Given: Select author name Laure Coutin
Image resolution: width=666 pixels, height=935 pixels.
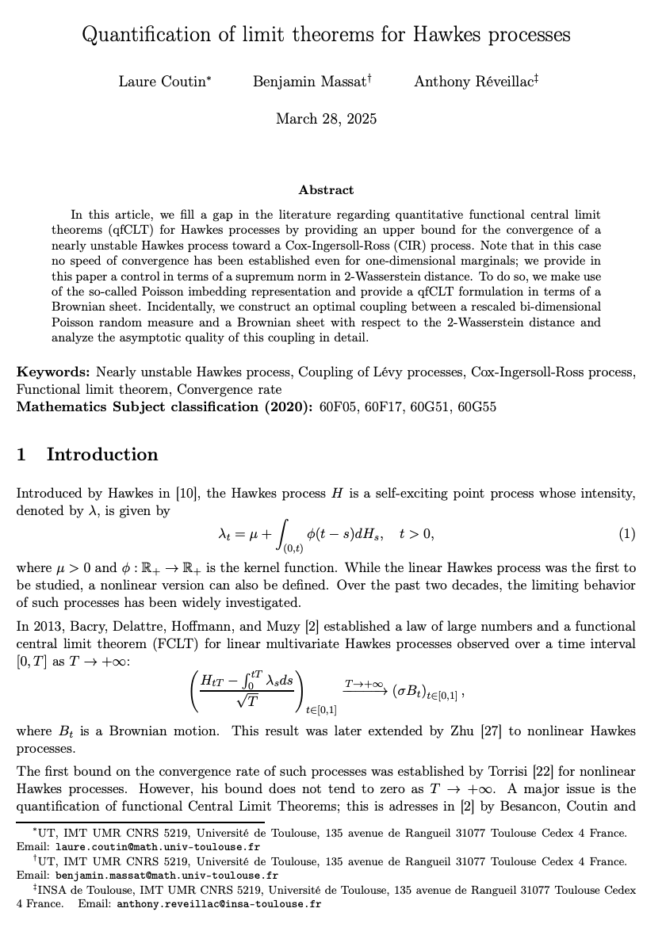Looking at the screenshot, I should pos(163,82).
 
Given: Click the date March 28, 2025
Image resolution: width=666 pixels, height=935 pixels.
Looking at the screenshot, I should pos(326,120).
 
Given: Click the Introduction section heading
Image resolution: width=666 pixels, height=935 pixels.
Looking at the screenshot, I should pos(102,455).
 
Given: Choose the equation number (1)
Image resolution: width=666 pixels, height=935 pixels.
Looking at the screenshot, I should pos(627,534).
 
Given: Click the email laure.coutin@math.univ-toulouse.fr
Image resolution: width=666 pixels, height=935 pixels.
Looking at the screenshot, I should pos(159,847).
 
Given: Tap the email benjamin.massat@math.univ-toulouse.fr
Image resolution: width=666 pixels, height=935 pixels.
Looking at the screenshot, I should pos(166,876).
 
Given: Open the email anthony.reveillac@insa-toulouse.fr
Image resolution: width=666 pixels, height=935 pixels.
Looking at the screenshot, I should pos(219,904).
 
